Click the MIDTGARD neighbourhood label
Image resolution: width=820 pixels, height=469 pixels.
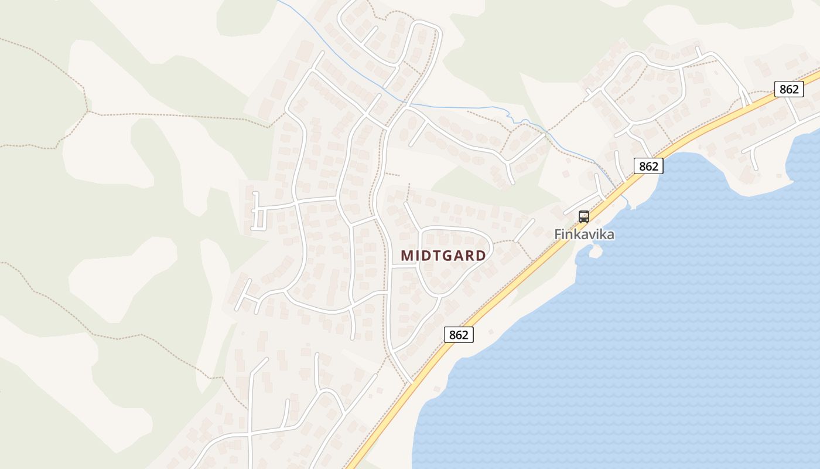[443, 256]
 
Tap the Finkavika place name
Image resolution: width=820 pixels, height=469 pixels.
[584, 235]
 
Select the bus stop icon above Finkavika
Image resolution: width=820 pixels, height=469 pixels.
[584, 217]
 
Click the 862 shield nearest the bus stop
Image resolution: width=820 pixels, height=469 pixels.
[648, 166]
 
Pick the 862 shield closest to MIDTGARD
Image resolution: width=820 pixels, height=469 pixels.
[459, 335]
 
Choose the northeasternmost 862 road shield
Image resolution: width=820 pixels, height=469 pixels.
[789, 89]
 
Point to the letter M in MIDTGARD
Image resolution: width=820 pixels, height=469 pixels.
[407, 256]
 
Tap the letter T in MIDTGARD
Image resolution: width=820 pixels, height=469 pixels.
[434, 256]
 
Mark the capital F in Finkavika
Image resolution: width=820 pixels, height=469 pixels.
[558, 235]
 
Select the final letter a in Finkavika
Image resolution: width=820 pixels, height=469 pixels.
[610, 235]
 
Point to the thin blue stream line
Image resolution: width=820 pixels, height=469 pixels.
[457, 107]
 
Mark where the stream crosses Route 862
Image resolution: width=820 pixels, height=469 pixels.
[619, 189]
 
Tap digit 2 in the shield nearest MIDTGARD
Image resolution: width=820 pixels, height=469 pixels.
[465, 335]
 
